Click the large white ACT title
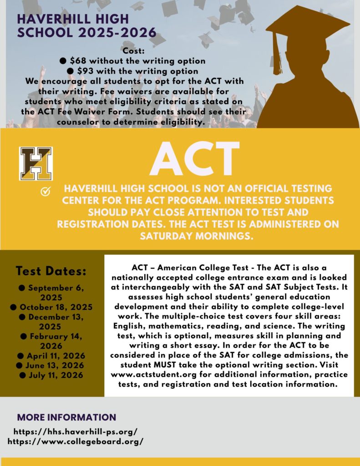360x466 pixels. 194,159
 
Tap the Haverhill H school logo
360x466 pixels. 36,163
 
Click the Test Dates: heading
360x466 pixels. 51,271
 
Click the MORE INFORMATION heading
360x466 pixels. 66,417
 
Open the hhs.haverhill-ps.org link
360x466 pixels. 76,431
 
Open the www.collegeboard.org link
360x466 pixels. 76,441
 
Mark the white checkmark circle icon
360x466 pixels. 46,192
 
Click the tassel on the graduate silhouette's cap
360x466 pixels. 277,55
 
